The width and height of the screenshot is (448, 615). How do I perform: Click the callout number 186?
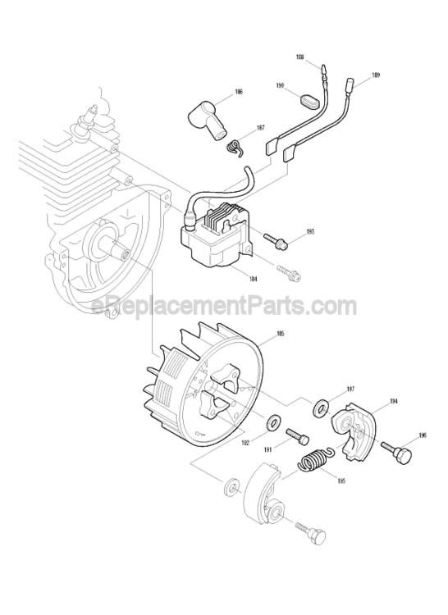[238, 92]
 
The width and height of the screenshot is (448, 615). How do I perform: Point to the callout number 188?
[299, 57]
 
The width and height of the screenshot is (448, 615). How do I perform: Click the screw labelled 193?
[274, 239]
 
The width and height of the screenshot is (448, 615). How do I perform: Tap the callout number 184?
[252, 280]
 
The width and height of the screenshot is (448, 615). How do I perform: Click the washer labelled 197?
[320, 405]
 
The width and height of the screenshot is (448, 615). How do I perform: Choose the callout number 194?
[394, 401]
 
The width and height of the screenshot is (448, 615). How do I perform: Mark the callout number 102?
[245, 443]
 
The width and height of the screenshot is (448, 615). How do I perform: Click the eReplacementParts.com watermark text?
[224, 307]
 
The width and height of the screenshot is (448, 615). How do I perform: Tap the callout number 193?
[309, 233]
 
